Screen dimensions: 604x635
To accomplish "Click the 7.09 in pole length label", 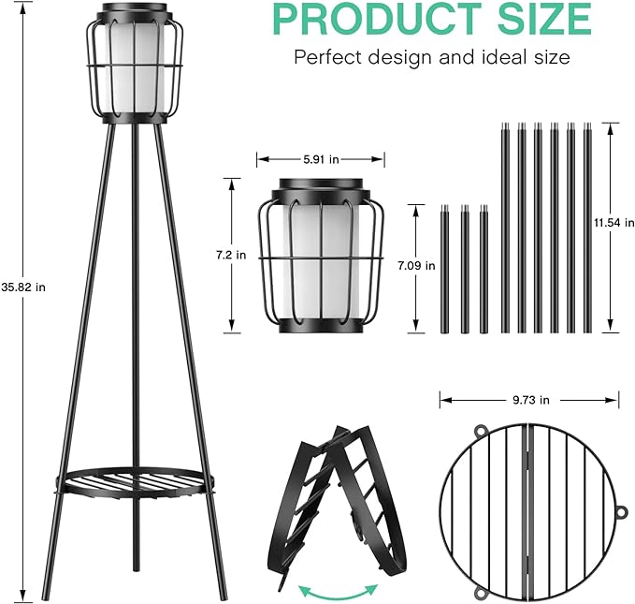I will coord(416,266).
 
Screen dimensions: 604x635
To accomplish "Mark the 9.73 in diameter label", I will coord(529,400).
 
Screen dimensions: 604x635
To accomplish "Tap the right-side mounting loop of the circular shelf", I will coord(621,512).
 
